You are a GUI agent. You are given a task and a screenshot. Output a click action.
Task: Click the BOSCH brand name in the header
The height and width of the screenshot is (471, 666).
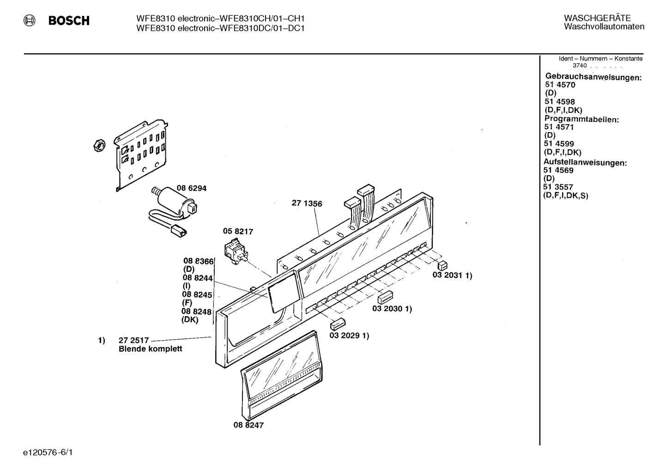[69, 21]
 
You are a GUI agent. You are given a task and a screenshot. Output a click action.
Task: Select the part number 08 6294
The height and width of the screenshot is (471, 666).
[191, 189]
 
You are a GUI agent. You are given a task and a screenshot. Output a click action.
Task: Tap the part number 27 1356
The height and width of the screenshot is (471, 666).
[307, 203]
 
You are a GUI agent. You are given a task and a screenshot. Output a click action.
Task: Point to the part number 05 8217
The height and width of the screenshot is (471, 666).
[238, 232]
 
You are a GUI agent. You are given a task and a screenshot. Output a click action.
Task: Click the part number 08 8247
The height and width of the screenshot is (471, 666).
[248, 425]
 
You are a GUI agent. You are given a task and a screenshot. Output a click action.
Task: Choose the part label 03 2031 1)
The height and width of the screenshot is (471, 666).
[452, 275]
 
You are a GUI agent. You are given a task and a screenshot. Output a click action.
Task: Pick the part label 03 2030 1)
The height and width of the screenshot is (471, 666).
[392, 309]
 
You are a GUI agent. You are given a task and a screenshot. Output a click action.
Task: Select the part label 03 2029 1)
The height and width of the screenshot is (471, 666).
[349, 336]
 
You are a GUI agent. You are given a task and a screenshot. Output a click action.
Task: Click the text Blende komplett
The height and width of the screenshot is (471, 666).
[150, 349]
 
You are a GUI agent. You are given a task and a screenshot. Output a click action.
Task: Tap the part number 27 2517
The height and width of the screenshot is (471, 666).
[134, 341]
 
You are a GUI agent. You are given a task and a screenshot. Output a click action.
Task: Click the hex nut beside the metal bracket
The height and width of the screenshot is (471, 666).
[98, 145]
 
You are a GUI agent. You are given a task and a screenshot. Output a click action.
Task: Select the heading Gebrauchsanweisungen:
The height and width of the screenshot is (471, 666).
[593, 77]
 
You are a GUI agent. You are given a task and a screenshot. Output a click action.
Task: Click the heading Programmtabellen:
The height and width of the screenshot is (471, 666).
[581, 119]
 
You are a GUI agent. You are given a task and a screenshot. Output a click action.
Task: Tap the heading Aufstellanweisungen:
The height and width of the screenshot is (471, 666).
[585, 163]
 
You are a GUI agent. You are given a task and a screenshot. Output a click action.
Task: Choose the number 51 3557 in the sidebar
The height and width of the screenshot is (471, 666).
[558, 187]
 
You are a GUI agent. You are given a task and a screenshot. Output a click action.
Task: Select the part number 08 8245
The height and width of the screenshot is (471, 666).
[197, 294]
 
